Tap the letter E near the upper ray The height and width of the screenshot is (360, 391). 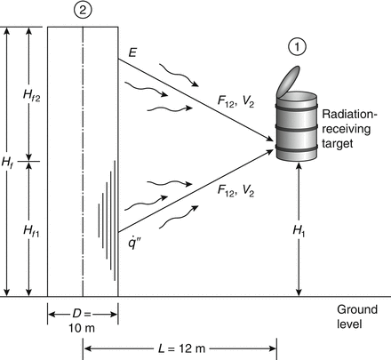point(132,56)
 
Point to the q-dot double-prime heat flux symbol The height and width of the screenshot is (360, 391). point(132,243)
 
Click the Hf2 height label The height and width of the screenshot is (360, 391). point(32,93)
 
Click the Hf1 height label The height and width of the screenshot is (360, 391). point(31,230)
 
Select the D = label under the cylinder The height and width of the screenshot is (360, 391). point(81,312)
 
